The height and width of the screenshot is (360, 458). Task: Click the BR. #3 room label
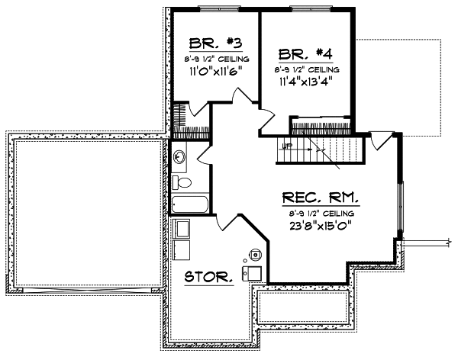[x=202, y=43]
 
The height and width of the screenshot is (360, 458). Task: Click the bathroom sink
[x=179, y=158]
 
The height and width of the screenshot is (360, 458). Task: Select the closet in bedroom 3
[x=182, y=118]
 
